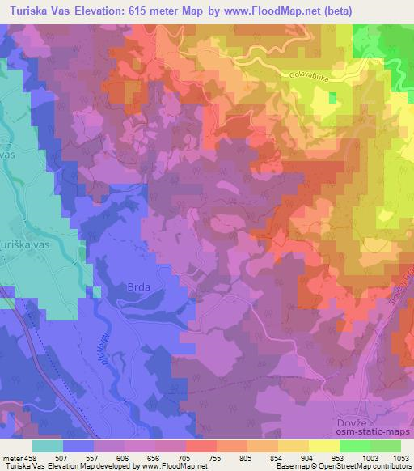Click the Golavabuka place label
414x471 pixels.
click(308, 76)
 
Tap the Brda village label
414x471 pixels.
click(139, 286)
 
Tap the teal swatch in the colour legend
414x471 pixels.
click(47, 446)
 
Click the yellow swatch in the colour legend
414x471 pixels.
click(323, 446)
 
